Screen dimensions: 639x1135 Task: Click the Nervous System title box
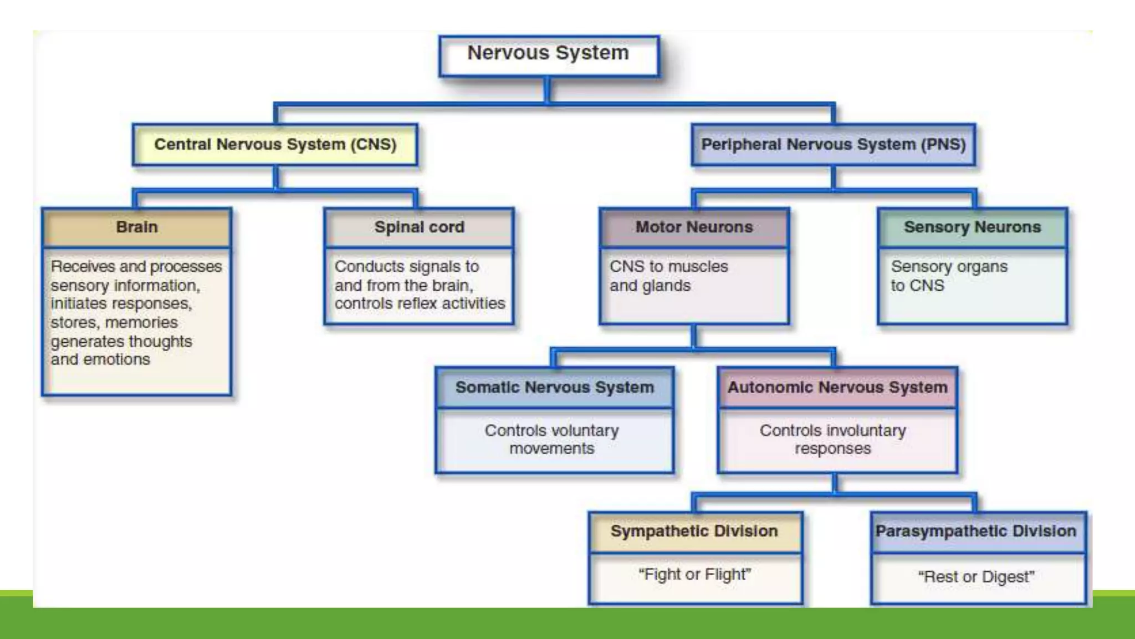coord(548,54)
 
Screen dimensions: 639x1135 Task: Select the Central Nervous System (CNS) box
coord(275,145)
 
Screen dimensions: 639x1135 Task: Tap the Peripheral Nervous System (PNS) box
coord(833,145)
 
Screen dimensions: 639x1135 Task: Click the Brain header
coord(137,227)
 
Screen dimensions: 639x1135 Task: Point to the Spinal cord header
coord(419,227)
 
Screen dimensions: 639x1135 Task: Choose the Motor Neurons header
coord(694,227)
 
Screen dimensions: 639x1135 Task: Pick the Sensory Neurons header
coord(972,227)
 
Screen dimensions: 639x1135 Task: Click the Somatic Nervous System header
coord(554,387)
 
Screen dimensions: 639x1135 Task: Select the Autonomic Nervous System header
coord(837,387)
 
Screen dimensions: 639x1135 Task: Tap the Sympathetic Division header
coord(694,531)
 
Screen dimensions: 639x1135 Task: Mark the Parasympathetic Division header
coord(975,531)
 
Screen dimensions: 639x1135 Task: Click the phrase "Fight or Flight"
coord(694,575)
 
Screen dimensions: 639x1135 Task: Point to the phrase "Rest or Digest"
coord(976,577)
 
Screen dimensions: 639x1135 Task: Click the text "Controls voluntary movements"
coord(552,439)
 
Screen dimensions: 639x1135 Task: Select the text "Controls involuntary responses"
coord(832,439)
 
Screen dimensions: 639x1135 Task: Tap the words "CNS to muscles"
coord(668,267)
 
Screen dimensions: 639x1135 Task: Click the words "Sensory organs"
coord(949,267)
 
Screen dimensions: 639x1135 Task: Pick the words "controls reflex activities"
coord(420,304)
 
